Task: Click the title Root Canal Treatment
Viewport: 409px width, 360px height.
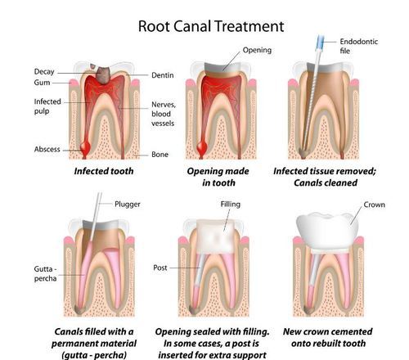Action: click(x=211, y=26)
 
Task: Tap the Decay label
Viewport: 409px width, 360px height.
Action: click(x=44, y=72)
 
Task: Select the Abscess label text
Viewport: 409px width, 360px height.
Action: click(x=47, y=149)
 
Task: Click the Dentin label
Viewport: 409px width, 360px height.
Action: click(x=163, y=75)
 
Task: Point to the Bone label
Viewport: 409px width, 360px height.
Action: click(x=160, y=155)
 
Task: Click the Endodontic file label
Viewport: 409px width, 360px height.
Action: click(x=359, y=46)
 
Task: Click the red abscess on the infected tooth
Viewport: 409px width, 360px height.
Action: click(x=85, y=147)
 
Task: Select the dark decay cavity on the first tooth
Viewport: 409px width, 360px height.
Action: click(x=103, y=74)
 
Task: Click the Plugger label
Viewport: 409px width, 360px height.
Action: click(x=128, y=205)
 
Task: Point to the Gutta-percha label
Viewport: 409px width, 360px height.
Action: click(x=46, y=273)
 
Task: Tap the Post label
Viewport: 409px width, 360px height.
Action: click(x=160, y=268)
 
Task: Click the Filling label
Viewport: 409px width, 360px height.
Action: click(x=231, y=205)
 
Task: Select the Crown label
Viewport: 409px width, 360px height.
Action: click(x=375, y=205)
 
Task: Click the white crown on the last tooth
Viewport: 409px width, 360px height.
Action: click(x=327, y=231)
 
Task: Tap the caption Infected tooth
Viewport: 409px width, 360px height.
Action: click(x=104, y=171)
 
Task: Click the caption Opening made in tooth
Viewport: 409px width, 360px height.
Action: click(x=218, y=177)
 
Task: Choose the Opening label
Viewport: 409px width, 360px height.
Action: click(x=257, y=50)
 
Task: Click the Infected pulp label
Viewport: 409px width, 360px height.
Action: click(x=47, y=106)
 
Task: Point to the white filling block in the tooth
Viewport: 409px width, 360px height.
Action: click(x=215, y=236)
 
